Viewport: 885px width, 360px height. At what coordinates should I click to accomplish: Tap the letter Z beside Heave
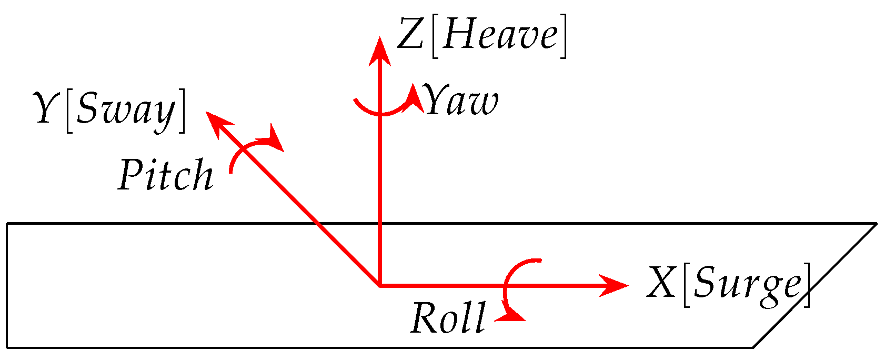[410, 36]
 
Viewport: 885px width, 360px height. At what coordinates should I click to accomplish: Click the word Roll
[448, 318]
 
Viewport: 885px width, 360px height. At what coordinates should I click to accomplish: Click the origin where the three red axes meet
[379, 286]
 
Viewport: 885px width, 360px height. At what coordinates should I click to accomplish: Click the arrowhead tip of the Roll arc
[513, 316]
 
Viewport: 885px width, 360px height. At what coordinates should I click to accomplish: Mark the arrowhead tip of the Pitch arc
[276, 139]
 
